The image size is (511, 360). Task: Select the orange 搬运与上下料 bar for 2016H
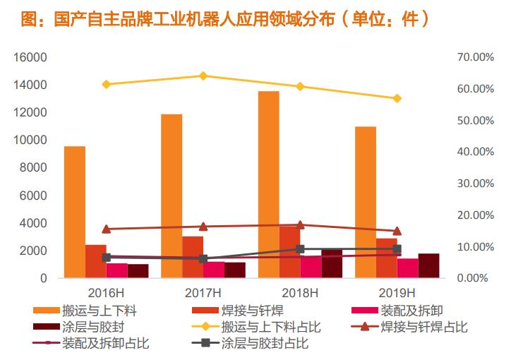click(x=75, y=212)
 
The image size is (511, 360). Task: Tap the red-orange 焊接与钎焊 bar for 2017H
click(x=193, y=257)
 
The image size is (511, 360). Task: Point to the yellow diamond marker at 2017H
click(x=203, y=76)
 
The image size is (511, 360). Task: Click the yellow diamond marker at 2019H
click(x=397, y=98)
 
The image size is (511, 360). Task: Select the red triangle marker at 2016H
click(x=107, y=229)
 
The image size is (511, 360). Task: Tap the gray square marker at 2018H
click(x=300, y=249)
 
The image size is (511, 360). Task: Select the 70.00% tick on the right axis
click(x=468, y=57)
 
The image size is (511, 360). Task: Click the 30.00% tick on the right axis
click(x=468, y=184)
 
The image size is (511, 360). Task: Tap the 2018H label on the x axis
click(x=301, y=292)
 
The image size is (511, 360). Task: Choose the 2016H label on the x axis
click(x=107, y=292)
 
